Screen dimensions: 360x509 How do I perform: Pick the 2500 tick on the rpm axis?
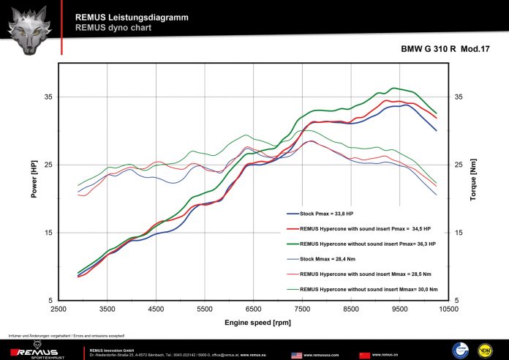click(x=59, y=310)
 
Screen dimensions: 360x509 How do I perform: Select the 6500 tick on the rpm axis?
click(x=254, y=310)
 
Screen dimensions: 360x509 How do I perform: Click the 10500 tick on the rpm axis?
click(x=448, y=310)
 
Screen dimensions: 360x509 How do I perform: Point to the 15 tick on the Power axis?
click(x=48, y=233)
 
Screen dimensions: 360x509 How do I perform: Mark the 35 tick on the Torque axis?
click(x=459, y=97)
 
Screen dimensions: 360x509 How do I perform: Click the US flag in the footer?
click(x=296, y=354)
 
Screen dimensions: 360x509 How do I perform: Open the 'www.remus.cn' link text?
click(x=385, y=354)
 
